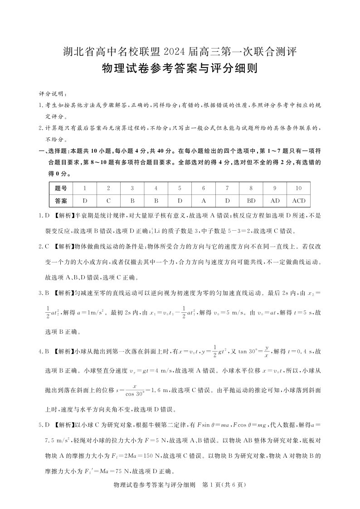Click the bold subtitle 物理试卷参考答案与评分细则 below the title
(x=180, y=69)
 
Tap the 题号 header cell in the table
(x=61, y=188)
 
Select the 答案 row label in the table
(x=61, y=200)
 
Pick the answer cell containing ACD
(x=298, y=200)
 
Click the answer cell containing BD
(x=251, y=200)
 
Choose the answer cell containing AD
(x=275, y=200)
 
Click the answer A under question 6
(x=204, y=200)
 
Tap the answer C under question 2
(x=108, y=200)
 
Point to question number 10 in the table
(x=298, y=188)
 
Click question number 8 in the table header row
(x=251, y=188)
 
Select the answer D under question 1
(x=85, y=200)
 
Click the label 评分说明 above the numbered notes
(x=53, y=94)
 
